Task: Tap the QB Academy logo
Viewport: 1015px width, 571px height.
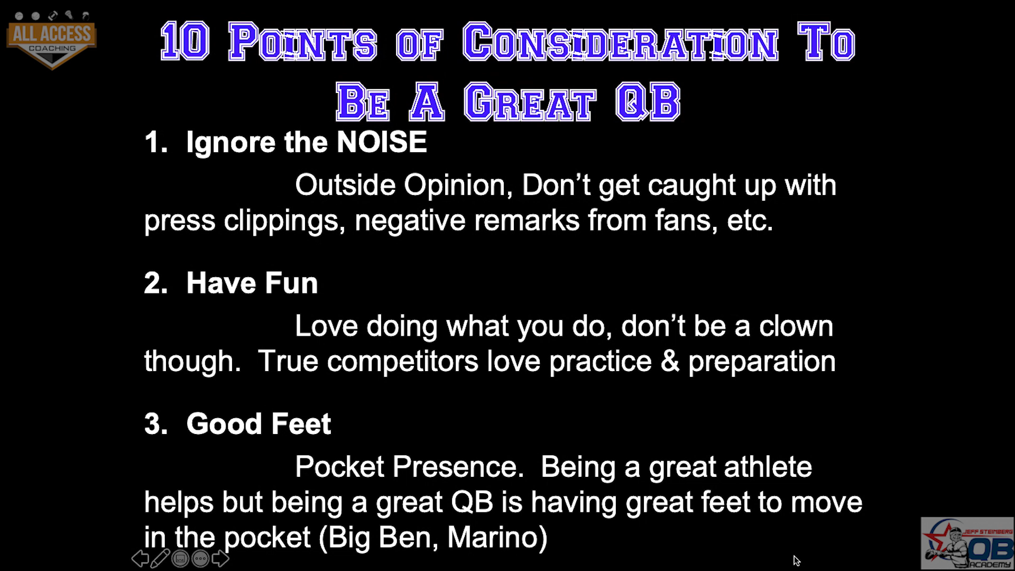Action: point(967,543)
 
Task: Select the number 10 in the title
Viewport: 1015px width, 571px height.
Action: point(185,41)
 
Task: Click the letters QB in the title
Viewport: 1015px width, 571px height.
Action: point(648,101)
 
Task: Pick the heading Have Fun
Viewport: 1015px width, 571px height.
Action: point(252,283)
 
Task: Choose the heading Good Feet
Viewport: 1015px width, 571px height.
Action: point(259,424)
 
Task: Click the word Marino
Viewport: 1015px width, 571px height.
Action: point(497,537)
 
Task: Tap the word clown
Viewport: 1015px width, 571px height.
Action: point(796,326)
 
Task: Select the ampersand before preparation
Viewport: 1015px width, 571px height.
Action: point(670,362)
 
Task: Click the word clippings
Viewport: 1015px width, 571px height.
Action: point(284,221)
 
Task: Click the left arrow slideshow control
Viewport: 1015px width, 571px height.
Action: point(140,558)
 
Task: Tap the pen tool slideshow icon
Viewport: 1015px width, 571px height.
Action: point(160,558)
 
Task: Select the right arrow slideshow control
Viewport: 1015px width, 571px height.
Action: point(220,558)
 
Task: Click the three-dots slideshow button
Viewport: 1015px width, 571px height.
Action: point(200,558)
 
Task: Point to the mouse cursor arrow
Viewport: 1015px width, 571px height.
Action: point(797,560)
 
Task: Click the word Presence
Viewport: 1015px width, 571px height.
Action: point(458,467)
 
